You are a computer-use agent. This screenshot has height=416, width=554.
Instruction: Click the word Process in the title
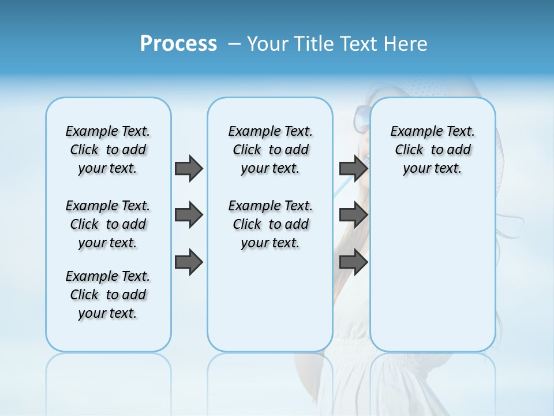click(x=178, y=44)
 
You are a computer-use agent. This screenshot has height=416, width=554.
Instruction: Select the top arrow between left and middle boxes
click(x=189, y=168)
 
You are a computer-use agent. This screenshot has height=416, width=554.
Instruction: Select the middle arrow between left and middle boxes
click(x=189, y=215)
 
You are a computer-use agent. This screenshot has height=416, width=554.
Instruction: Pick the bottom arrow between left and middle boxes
click(x=189, y=262)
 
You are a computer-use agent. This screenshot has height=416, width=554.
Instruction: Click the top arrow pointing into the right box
click(x=353, y=168)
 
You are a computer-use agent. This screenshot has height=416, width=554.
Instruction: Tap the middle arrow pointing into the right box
click(x=353, y=215)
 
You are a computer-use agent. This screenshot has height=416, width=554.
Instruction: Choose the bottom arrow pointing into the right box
click(x=353, y=262)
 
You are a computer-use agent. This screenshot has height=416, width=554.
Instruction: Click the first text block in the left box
click(x=108, y=150)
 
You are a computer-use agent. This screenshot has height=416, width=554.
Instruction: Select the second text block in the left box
click(x=108, y=224)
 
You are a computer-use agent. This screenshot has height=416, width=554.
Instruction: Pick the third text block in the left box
click(x=108, y=295)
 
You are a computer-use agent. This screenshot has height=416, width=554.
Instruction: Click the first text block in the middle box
click(x=271, y=150)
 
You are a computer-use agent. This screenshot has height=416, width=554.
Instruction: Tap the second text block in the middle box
click(x=271, y=224)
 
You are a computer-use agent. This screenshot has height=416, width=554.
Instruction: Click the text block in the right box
click(x=433, y=150)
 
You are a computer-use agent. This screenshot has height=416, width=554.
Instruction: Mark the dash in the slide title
click(x=234, y=44)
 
